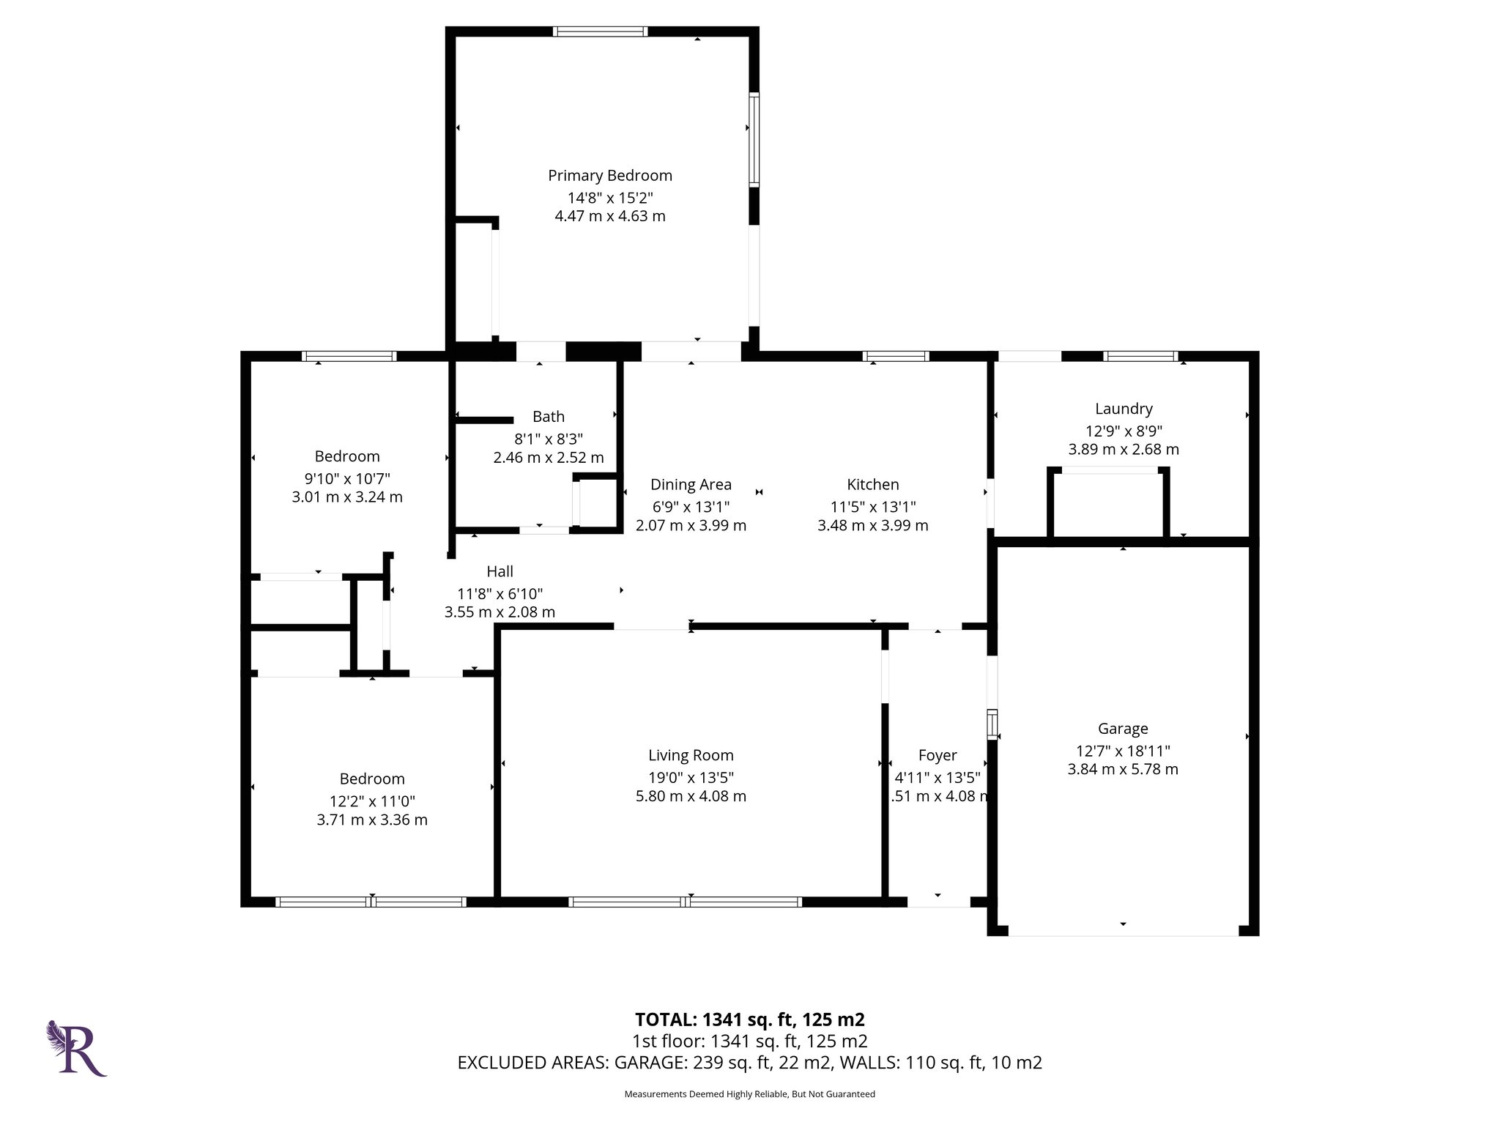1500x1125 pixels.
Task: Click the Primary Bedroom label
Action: tap(609, 176)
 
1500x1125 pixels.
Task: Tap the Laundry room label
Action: tap(1124, 409)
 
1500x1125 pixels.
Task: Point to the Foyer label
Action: tap(937, 755)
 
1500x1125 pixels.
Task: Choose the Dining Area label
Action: tap(691, 484)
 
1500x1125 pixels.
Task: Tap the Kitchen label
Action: tap(872, 484)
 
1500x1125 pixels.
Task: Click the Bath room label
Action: tap(548, 417)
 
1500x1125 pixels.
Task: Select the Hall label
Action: tap(500, 571)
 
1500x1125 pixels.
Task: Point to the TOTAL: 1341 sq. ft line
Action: tap(749, 1020)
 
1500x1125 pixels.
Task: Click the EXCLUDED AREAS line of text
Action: tap(749, 1063)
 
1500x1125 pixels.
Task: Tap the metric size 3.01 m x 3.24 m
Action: tap(347, 497)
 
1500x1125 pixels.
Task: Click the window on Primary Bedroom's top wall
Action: tap(600, 31)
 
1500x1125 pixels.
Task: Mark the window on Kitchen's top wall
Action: tap(896, 357)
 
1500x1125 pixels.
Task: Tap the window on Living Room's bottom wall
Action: tap(685, 902)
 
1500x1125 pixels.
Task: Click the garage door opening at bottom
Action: tap(1123, 931)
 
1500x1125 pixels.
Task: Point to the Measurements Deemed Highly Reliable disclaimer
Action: tap(749, 1094)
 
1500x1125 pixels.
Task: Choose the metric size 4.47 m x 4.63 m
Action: tap(609, 216)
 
